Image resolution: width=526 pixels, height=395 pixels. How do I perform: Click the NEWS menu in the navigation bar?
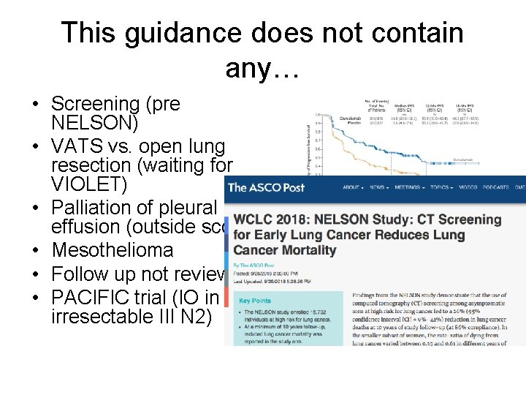coord(379,188)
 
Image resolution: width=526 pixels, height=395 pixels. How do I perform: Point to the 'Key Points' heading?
coord(256,300)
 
